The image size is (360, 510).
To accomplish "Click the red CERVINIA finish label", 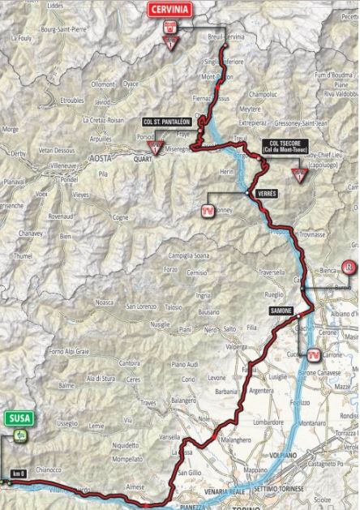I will pyautogui.click(x=169, y=11).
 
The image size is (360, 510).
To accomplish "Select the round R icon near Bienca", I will pyautogui.click(x=349, y=267).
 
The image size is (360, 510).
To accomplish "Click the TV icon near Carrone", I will pyautogui.click(x=313, y=354).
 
